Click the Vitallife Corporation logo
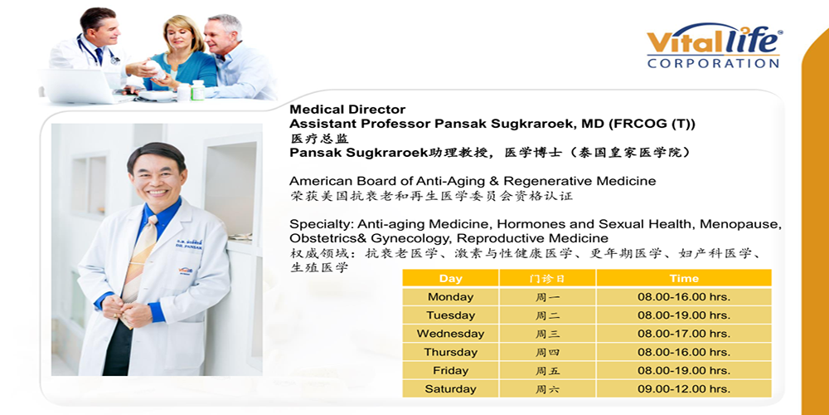click(715, 46)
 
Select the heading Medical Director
click(347, 110)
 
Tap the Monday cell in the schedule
click(450, 297)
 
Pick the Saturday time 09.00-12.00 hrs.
click(684, 388)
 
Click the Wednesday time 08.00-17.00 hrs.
click(684, 334)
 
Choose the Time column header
click(684, 278)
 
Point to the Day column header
click(450, 278)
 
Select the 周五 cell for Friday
click(547, 370)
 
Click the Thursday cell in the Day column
click(450, 352)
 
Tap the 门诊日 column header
click(547, 278)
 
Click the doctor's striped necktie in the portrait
click(139, 259)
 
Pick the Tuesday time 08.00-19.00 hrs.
click(684, 315)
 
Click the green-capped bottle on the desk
click(197, 90)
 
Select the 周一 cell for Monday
click(547, 297)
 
